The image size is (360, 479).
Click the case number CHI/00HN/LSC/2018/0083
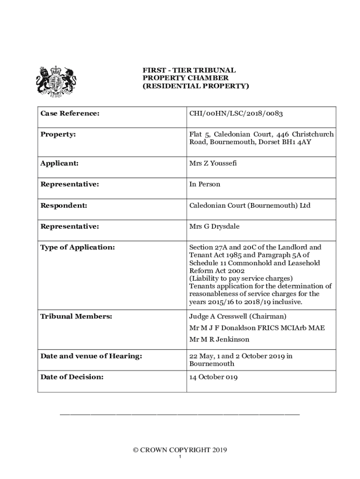(x=236, y=113)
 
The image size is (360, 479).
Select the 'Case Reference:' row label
(x=70, y=113)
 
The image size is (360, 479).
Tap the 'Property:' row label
(x=58, y=134)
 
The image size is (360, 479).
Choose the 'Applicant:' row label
(x=59, y=163)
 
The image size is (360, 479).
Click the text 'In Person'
(x=205, y=184)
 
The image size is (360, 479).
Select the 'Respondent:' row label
(x=64, y=205)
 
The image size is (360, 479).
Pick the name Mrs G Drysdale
(x=214, y=226)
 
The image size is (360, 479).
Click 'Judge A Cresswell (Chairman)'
(x=238, y=316)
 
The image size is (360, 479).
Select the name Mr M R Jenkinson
(x=219, y=339)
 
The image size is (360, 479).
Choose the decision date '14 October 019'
(x=213, y=377)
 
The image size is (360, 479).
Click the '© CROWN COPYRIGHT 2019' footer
(x=180, y=450)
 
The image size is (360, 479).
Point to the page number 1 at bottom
(x=180, y=457)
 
